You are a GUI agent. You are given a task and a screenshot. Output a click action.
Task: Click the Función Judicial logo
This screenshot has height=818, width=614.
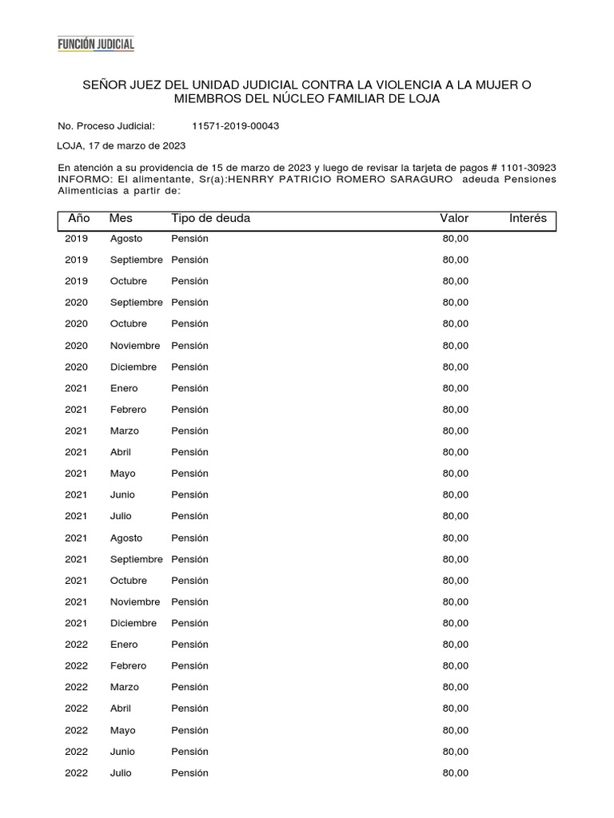96,45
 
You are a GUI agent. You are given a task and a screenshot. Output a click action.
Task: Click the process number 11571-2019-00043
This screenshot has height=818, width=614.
235,126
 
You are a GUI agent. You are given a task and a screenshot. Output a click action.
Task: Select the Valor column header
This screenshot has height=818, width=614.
454,218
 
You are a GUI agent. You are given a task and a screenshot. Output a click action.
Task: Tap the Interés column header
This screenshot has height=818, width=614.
528,218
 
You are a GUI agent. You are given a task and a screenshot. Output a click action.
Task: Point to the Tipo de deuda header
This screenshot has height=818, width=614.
210,218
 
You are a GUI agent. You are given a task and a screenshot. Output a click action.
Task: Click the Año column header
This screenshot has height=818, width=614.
79,218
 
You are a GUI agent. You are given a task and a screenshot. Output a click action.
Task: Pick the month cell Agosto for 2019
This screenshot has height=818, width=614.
126,238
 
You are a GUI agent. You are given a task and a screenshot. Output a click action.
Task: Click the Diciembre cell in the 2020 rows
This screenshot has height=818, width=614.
134,367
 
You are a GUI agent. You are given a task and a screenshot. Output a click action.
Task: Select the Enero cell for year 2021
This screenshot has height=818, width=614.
124,388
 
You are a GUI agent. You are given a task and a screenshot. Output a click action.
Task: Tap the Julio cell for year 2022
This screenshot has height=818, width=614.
121,772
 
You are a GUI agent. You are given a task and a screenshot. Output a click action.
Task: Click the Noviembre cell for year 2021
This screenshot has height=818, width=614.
135,602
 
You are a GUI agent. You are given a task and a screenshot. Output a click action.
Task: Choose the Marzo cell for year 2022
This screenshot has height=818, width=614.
124,687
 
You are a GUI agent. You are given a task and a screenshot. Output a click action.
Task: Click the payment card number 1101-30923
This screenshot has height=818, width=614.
528,168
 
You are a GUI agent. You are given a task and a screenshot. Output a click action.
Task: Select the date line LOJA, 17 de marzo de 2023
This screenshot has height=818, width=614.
122,146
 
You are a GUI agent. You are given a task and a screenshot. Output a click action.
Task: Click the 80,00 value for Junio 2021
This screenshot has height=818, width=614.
456,494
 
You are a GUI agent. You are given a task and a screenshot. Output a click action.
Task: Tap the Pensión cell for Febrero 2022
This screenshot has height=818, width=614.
189,665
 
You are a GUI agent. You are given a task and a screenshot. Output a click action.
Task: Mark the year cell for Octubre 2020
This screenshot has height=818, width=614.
76,324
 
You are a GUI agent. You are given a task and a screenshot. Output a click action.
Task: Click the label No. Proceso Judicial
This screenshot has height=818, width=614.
106,126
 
